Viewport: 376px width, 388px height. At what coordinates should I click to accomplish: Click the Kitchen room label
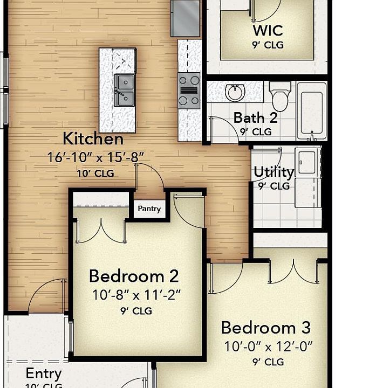(x=93, y=138)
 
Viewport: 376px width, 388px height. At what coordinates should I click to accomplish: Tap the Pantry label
(x=149, y=209)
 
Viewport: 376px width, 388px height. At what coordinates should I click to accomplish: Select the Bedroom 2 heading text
(x=134, y=276)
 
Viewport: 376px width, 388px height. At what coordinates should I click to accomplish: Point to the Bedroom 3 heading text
(x=266, y=328)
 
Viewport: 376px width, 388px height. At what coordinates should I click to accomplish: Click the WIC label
(x=268, y=30)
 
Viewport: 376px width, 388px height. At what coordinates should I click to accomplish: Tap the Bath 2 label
(x=255, y=118)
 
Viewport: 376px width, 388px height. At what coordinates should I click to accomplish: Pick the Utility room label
(x=274, y=172)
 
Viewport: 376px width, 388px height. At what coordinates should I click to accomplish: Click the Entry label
(x=44, y=373)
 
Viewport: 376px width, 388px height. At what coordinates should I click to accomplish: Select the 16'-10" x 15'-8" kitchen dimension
(x=95, y=157)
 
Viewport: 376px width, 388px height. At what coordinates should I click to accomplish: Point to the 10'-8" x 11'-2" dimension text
(x=136, y=295)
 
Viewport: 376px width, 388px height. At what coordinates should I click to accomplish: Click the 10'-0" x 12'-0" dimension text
(x=268, y=346)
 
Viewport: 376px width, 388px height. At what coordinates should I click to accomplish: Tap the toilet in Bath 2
(x=280, y=96)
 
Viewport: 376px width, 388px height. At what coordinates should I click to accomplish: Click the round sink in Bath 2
(x=235, y=93)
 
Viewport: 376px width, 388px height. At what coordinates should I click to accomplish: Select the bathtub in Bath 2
(x=312, y=112)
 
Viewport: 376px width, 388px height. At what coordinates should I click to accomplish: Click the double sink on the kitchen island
(x=124, y=91)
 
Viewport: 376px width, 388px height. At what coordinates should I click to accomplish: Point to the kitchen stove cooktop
(x=189, y=91)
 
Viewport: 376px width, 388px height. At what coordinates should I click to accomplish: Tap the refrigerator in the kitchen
(x=185, y=18)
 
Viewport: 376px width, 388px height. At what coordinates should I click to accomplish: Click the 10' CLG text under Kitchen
(x=95, y=173)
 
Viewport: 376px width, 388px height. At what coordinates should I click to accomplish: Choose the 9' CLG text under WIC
(x=268, y=45)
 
